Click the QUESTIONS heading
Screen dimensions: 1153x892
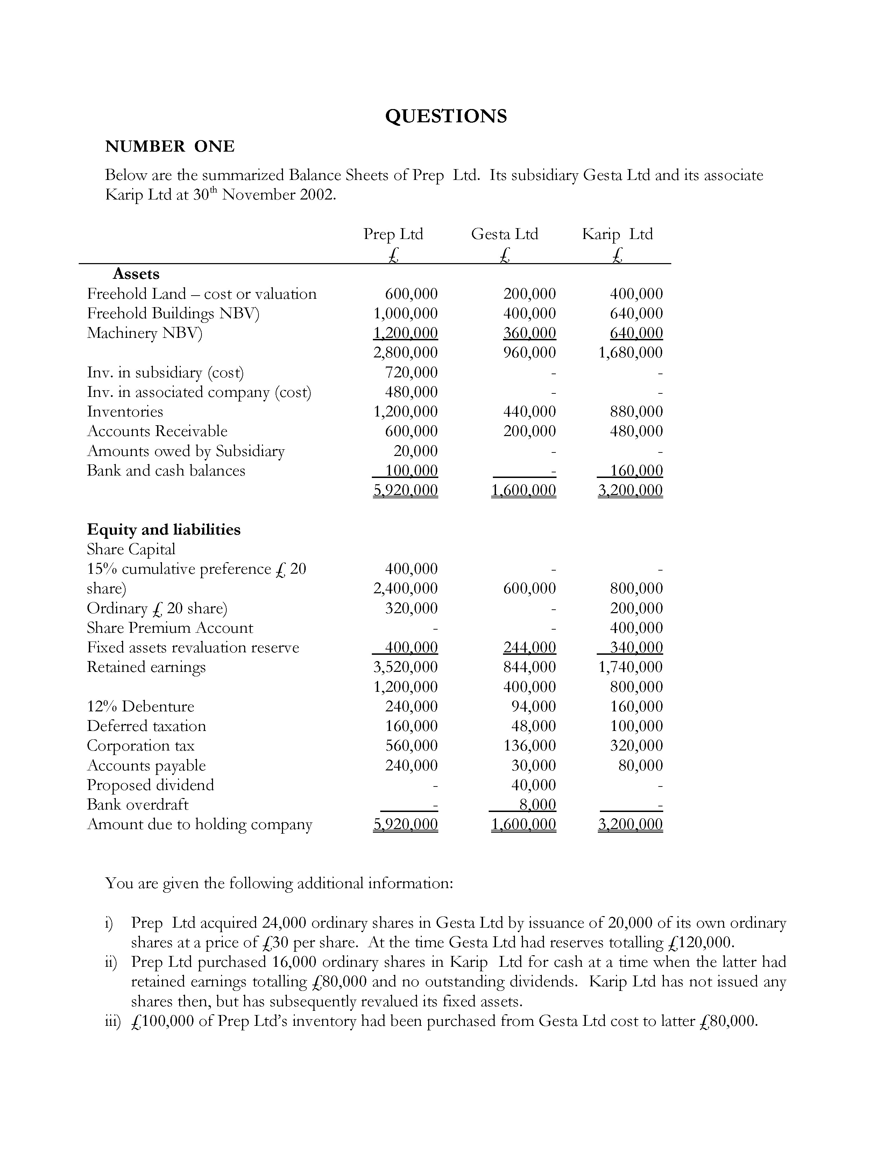[445, 116]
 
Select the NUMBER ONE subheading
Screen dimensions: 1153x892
[170, 146]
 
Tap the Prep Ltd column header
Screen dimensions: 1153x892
[393, 234]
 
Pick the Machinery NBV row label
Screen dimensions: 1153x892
[144, 333]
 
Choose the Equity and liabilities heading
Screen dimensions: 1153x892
[163, 530]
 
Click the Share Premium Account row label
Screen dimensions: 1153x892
[170, 628]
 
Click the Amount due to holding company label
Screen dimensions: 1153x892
[199, 824]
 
